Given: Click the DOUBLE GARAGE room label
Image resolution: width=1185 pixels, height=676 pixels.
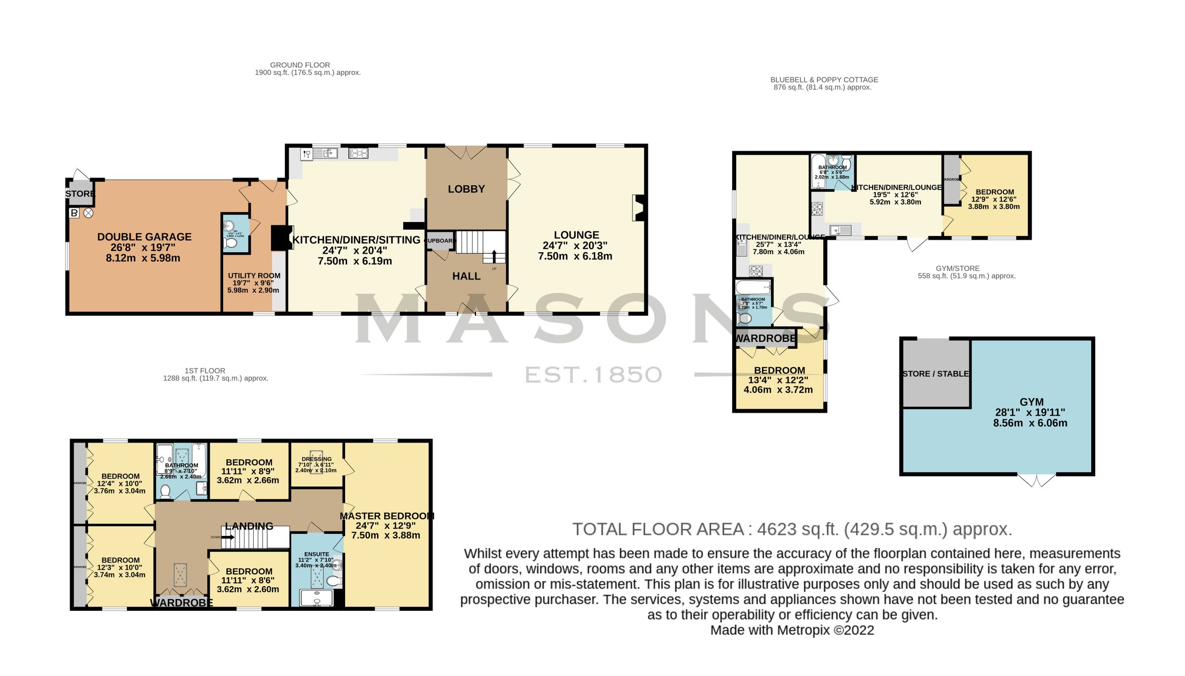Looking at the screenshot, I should [x=144, y=237].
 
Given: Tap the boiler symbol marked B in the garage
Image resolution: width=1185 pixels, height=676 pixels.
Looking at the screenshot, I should [x=74, y=213].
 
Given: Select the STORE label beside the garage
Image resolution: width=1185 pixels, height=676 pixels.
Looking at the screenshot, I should [x=80, y=194].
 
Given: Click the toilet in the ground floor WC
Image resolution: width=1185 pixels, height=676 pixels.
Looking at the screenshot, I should [x=231, y=243].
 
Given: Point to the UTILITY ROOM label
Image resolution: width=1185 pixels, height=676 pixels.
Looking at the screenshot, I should [x=254, y=276].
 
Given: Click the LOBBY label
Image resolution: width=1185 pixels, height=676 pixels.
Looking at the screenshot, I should [x=466, y=189].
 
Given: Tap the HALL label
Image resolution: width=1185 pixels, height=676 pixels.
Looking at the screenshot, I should [x=466, y=276].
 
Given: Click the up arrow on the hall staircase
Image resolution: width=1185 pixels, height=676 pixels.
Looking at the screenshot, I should [x=494, y=256].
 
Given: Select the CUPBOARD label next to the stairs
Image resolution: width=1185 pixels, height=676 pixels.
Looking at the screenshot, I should [x=439, y=241].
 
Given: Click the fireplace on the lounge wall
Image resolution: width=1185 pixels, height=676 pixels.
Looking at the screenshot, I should [x=639, y=208].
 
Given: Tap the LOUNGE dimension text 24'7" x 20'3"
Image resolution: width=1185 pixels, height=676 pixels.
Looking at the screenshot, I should [x=575, y=246].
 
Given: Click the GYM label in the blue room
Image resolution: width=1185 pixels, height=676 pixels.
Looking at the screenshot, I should [x=1031, y=402].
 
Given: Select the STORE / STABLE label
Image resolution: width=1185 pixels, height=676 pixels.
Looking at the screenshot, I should [x=936, y=374].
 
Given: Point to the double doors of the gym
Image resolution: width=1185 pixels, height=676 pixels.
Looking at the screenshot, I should [x=1036, y=479].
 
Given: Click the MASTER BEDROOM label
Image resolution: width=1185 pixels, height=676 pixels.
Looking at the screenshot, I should [x=387, y=516].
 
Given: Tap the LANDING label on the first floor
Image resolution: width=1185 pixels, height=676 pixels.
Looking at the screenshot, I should [x=249, y=526].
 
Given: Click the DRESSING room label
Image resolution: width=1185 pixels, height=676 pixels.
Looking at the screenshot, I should [x=316, y=459].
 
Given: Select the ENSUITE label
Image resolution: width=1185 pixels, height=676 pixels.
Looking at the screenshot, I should [x=316, y=554].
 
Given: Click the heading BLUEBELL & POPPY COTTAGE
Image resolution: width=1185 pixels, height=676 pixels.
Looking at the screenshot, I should [x=824, y=80].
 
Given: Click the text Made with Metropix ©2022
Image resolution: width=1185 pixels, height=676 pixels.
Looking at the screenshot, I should [x=792, y=630].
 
